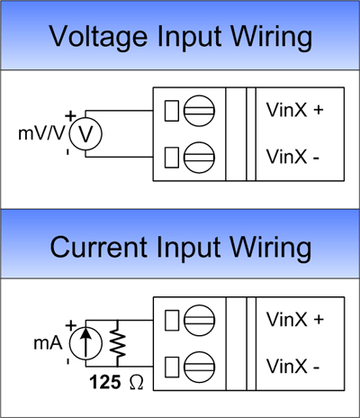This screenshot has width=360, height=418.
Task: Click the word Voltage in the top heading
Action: click(98, 37)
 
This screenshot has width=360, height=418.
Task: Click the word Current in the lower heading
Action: click(98, 248)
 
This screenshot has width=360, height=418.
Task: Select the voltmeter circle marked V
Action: click(85, 134)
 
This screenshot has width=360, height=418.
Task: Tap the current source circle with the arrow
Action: click(85, 343)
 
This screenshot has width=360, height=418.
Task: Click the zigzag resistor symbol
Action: click(117, 343)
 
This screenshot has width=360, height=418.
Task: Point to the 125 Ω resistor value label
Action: click(116, 382)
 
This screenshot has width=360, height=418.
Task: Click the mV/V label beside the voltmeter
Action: click(41, 133)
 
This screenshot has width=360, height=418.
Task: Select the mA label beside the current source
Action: click(48, 343)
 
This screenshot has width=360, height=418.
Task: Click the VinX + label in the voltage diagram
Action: click(295, 110)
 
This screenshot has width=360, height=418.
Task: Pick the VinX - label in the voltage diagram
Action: click(292, 157)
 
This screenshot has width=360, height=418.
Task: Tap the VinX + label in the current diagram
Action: click(295, 320)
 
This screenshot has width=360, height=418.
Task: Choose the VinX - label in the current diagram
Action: click(292, 367)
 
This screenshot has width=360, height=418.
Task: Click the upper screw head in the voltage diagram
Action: click(199, 111)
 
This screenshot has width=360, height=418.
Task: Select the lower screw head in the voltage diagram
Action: click(199, 158)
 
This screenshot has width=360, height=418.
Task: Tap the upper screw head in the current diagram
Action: click(199, 321)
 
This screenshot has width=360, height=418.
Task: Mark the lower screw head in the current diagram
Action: click(199, 367)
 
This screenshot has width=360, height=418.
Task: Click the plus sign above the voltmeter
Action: click(70, 116)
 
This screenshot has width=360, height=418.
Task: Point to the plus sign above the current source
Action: click(70, 326)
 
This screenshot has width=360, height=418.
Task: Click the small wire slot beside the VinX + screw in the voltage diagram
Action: click(172, 111)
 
